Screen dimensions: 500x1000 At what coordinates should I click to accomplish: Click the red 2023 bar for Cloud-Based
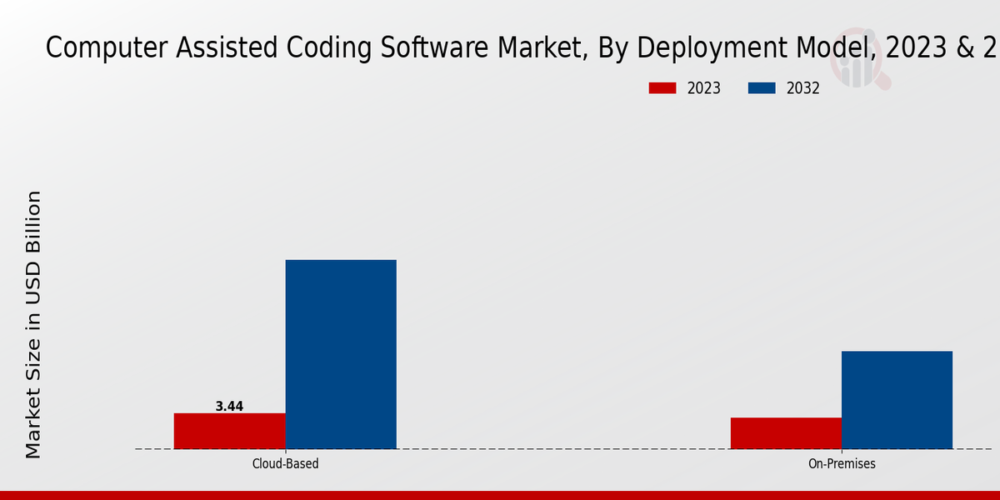coord(229,431)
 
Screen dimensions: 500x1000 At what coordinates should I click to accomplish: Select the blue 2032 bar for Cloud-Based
coord(341,354)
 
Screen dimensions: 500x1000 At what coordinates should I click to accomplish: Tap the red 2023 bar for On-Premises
coord(786,433)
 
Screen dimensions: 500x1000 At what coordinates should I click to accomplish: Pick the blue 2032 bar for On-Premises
coord(897,400)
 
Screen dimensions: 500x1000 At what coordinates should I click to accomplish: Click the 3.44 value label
coord(229,407)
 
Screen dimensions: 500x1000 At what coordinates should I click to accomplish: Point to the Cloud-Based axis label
coord(285,463)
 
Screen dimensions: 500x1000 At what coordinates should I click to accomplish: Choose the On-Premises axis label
coord(842,463)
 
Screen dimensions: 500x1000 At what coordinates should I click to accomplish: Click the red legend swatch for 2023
coord(662,88)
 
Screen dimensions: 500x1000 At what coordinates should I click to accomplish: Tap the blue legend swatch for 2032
coord(762,88)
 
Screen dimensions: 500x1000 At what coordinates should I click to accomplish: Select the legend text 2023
coord(704,88)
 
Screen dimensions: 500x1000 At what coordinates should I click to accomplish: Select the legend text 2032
coord(803,88)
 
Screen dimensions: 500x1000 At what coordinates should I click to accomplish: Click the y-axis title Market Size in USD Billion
coord(33,325)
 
